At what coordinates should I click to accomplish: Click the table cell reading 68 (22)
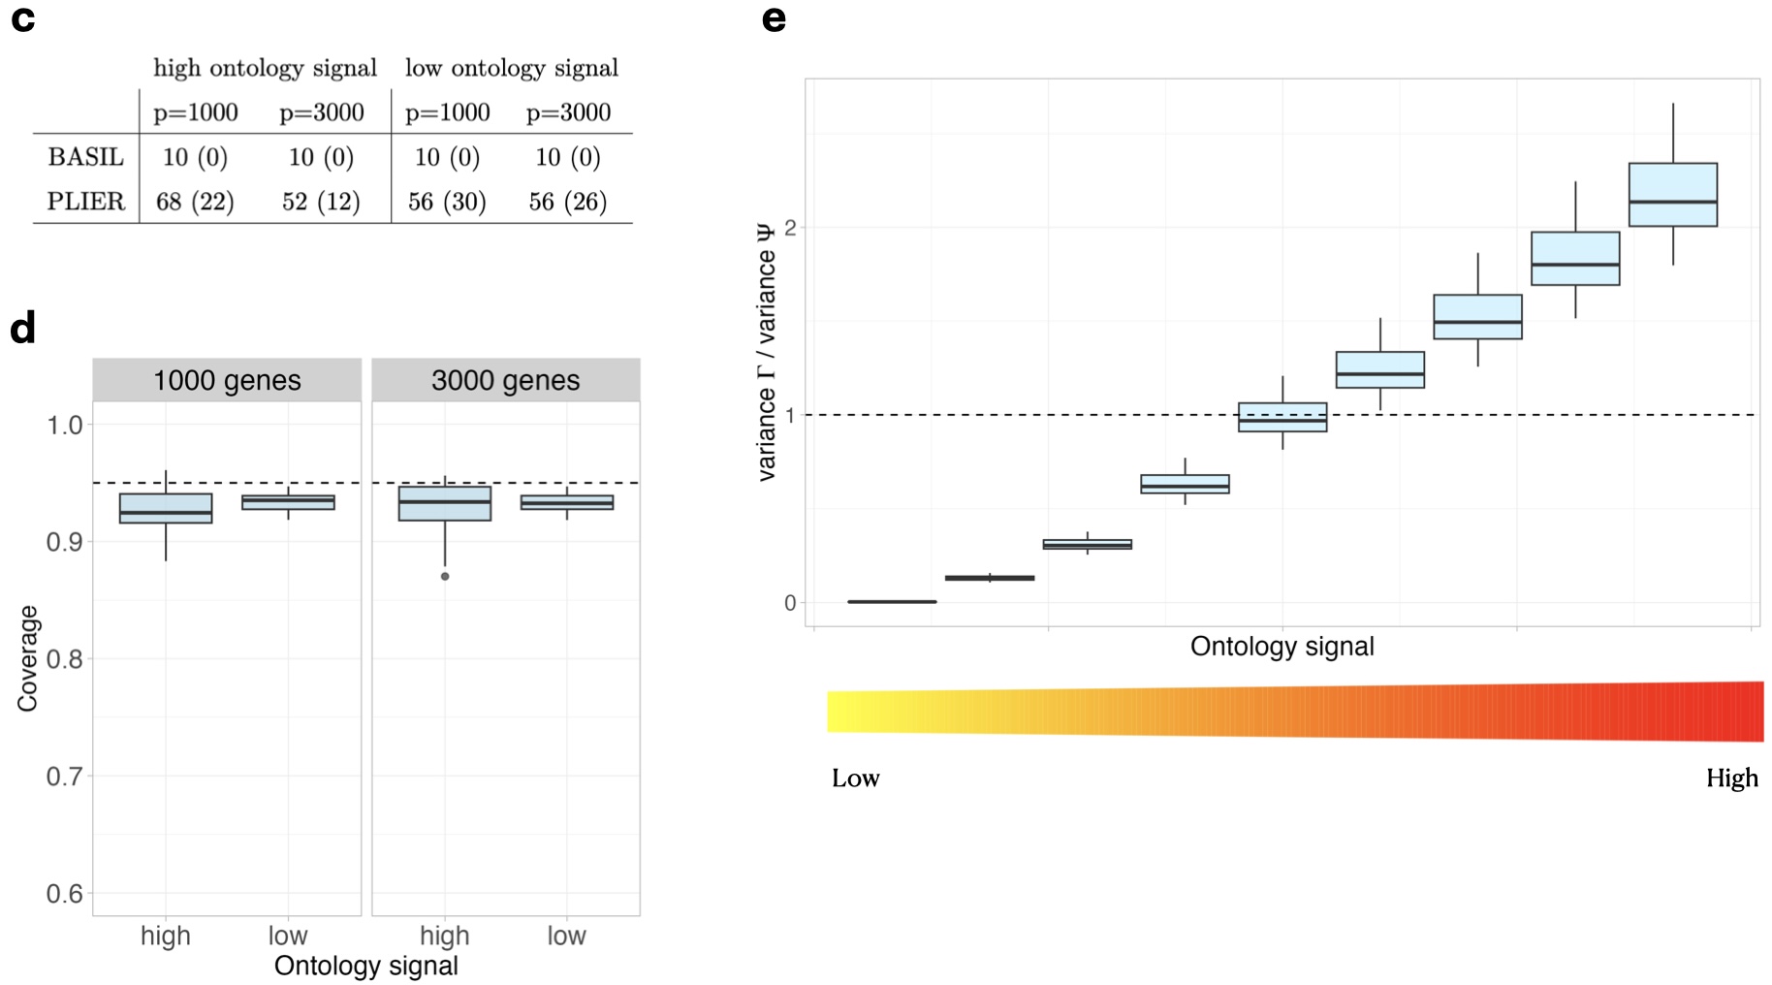click(195, 202)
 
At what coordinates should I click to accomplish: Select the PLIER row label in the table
click(86, 202)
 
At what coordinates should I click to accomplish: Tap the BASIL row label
click(86, 157)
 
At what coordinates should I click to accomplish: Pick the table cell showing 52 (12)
click(321, 202)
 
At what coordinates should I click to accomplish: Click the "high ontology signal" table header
click(265, 68)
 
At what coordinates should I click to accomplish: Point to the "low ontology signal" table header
click(511, 68)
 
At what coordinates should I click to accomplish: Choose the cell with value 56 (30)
click(447, 202)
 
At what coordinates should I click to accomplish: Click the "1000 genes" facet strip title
click(227, 380)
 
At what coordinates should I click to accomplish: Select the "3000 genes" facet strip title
click(505, 380)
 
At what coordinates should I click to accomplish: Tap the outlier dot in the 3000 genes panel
click(445, 577)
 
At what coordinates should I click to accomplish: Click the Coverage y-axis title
click(27, 658)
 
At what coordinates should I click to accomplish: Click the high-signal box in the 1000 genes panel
click(166, 508)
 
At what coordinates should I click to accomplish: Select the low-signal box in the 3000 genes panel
click(567, 502)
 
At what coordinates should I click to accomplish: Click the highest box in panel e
click(1672, 195)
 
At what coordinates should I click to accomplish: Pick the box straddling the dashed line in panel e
click(1282, 417)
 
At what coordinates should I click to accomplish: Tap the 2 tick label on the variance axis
click(790, 228)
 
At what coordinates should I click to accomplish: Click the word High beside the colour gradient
click(1731, 778)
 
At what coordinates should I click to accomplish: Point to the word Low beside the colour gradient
click(855, 778)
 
